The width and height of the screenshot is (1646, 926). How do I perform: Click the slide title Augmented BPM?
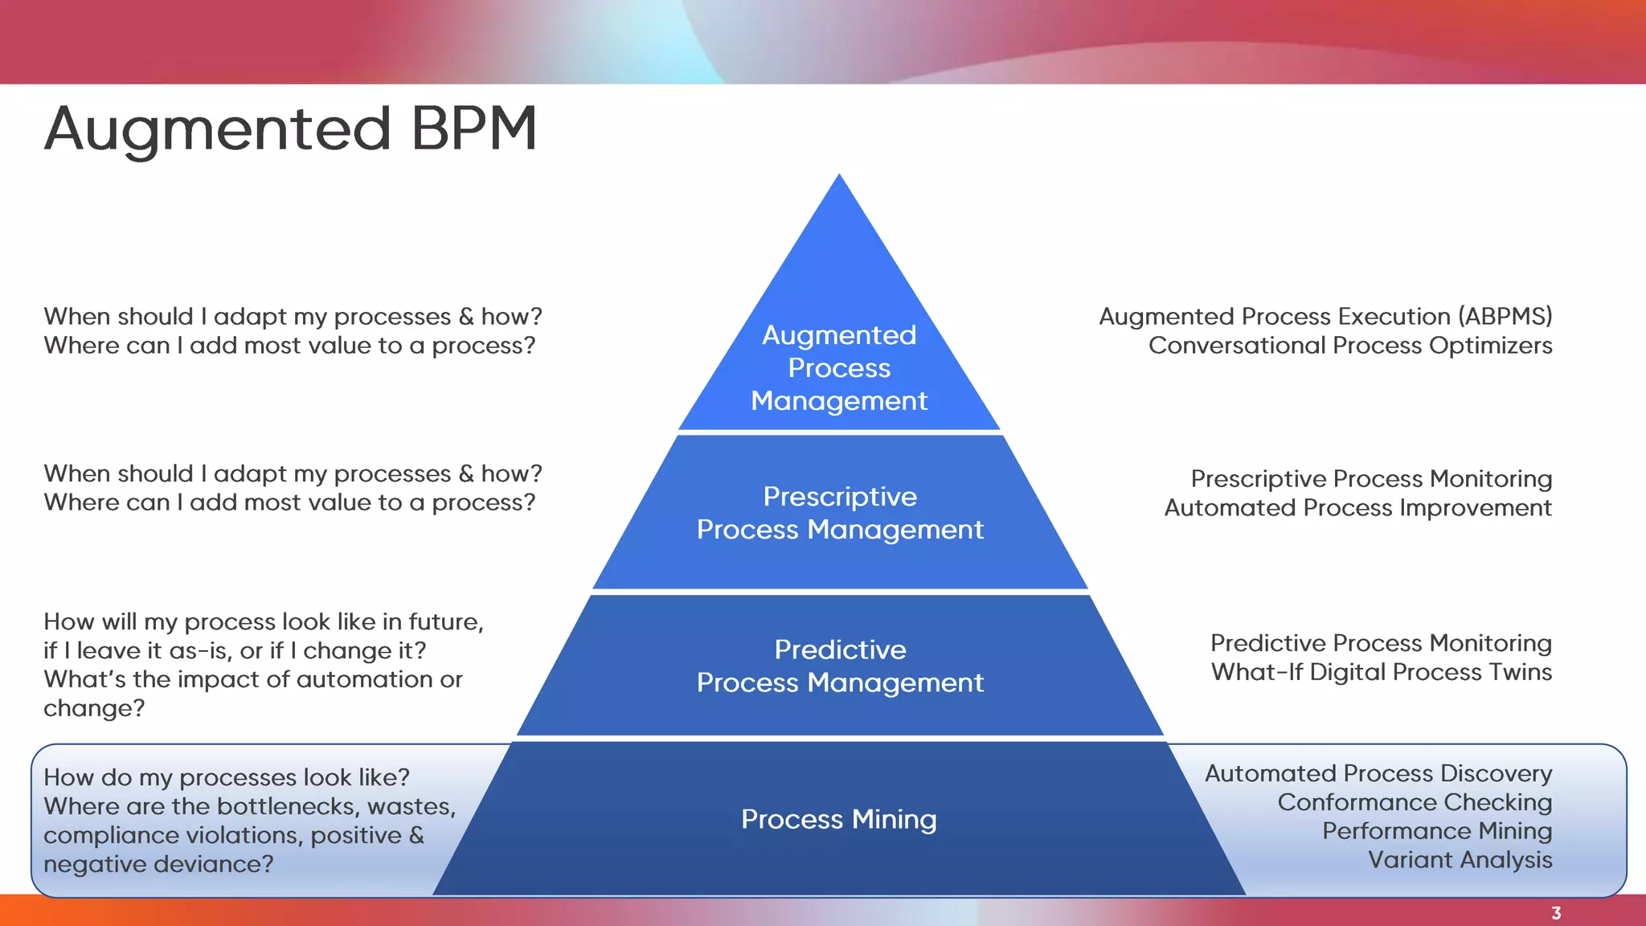coord(290,129)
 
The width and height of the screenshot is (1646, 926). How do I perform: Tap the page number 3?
coord(1556,913)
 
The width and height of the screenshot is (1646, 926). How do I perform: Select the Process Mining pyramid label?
coord(838,819)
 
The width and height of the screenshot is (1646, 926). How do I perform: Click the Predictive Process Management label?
coord(840,666)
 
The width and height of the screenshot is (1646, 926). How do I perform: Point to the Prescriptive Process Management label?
coord(840,513)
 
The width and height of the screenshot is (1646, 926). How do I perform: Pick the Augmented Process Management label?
coord(839,367)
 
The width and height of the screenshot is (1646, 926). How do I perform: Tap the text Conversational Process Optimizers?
coord(1349,346)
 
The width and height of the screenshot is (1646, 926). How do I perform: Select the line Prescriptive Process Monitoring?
coord(1371,479)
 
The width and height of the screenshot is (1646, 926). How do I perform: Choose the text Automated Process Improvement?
coord(1357,508)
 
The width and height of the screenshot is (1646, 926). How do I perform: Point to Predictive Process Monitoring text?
coord(1381,643)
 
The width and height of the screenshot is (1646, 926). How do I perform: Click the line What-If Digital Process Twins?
coord(1381,672)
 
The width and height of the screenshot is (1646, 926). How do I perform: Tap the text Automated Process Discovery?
coord(1378,773)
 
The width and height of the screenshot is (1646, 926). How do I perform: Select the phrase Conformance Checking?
coord(1415,802)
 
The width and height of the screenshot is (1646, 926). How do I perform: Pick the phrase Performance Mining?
coord(1437,831)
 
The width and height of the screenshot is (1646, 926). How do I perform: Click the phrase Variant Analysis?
coord(1460,860)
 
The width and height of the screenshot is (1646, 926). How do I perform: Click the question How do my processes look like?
coord(227,777)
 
